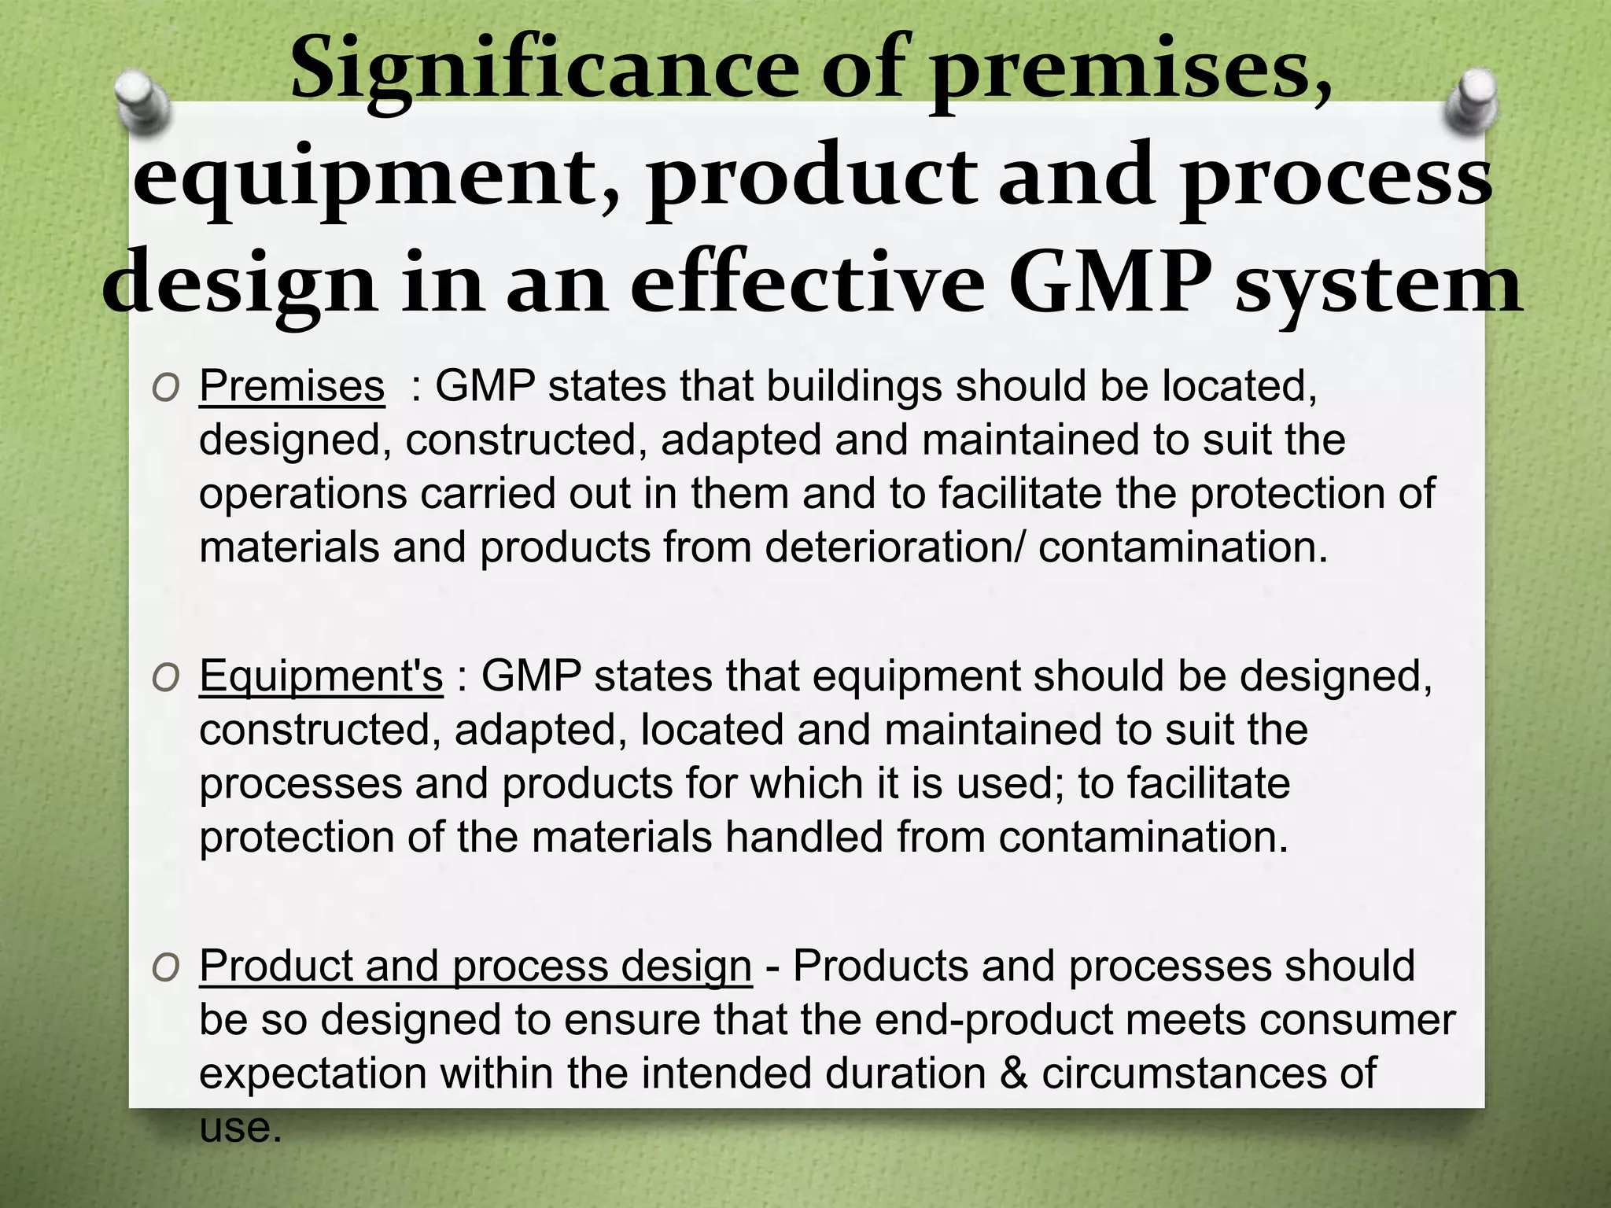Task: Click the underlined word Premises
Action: (x=292, y=385)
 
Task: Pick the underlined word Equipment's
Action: (x=321, y=676)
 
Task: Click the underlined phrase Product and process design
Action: (x=475, y=965)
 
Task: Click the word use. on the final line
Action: (x=240, y=1127)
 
